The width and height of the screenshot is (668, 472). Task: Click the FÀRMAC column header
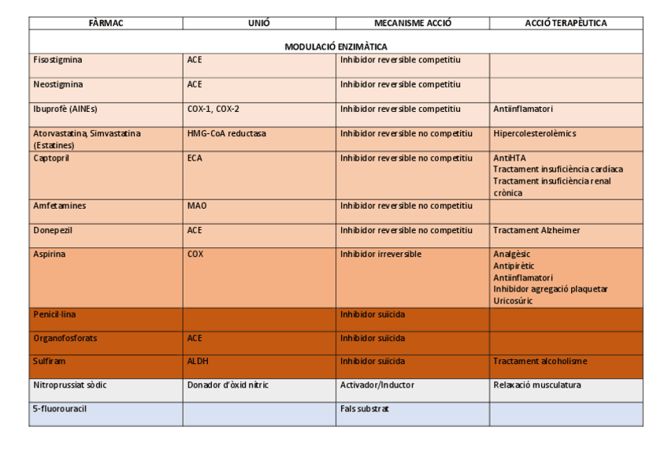(106, 24)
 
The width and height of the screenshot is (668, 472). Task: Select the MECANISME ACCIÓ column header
(412, 24)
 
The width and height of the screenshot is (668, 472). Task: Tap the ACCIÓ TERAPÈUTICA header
(566, 24)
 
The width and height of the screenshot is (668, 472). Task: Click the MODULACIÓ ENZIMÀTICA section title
(336, 47)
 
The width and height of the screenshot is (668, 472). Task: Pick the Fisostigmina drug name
(58, 60)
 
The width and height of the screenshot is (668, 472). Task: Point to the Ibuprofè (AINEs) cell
(65, 109)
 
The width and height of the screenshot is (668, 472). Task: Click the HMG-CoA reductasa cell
(227, 134)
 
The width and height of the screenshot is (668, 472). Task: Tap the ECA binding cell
(195, 158)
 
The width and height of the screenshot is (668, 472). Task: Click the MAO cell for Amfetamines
(197, 206)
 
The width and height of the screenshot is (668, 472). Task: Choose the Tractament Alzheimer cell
(536, 231)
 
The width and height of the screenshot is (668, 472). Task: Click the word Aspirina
(50, 255)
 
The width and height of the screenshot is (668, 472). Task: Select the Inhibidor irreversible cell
(380, 255)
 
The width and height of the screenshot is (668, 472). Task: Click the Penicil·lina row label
(54, 314)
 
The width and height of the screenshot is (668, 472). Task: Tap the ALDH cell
(198, 362)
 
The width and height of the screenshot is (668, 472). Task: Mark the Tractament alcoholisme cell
(540, 362)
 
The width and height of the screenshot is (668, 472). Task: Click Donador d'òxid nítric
(228, 385)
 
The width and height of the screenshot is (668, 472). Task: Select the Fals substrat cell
(365, 409)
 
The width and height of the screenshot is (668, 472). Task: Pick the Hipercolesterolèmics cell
(534, 134)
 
